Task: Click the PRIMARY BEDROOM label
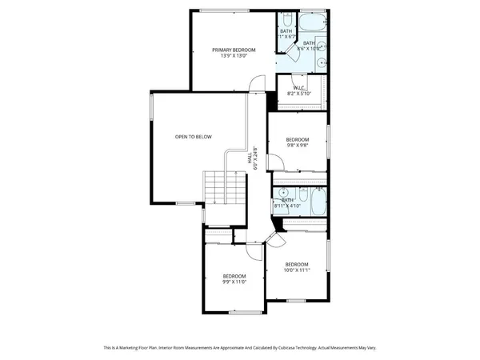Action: click(x=230, y=50)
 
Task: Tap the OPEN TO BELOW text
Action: click(x=194, y=137)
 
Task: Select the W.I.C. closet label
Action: click(x=300, y=87)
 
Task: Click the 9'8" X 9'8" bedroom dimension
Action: click(x=298, y=146)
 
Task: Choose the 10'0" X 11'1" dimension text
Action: click(x=297, y=270)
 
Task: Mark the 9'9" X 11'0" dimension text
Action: click(x=234, y=282)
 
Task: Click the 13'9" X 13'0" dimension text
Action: click(x=230, y=56)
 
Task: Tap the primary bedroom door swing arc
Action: click(x=256, y=83)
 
